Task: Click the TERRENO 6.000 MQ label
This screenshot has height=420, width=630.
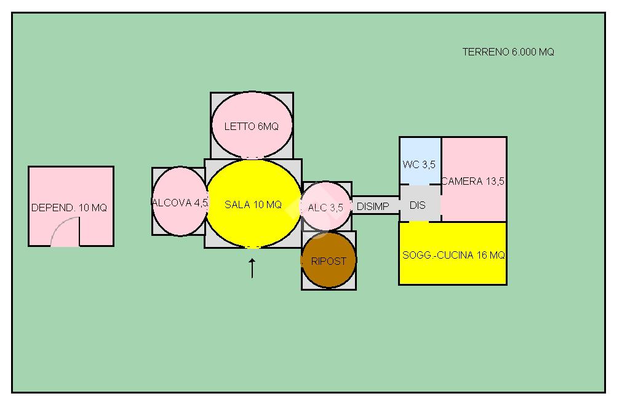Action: pos(508,52)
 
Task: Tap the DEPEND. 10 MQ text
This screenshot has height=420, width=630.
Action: pos(69,208)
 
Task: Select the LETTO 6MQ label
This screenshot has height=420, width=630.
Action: pos(252,126)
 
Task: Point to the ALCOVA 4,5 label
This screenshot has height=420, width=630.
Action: pos(180,203)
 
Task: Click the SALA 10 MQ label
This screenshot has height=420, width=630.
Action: pos(253,205)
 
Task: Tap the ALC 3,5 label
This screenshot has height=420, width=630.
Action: pos(325,208)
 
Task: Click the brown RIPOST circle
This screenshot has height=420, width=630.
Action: pos(329,260)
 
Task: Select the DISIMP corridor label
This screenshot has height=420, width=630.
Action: pos(373,206)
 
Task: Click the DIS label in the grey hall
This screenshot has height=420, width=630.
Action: pos(418,205)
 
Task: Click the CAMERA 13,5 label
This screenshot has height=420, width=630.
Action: pos(473,182)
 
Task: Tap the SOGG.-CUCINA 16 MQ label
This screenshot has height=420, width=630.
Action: pos(453,255)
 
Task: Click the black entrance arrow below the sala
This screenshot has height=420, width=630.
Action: pos(252,269)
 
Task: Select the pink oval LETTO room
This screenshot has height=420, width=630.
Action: pos(252,125)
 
